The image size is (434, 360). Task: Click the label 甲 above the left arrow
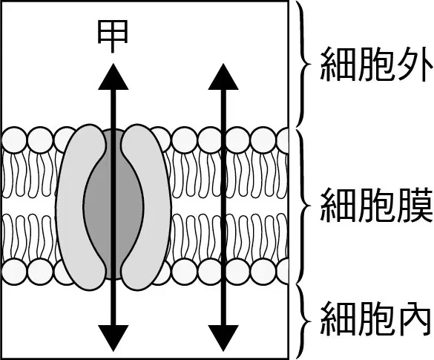pos(113,36)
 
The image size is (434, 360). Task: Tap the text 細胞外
pos(376,65)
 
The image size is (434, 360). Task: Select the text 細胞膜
pos(376,206)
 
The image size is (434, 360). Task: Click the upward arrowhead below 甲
pos(114,76)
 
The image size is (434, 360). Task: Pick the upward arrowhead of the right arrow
pos(223,76)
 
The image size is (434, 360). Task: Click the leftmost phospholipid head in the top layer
pos(14,140)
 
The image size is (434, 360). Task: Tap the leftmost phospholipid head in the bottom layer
pos(14,272)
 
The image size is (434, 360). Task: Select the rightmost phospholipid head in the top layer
pos(283,140)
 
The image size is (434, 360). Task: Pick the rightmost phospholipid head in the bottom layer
pos(283,272)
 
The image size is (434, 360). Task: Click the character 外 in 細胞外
pos(415,65)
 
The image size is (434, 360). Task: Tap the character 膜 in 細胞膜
pos(415,206)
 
